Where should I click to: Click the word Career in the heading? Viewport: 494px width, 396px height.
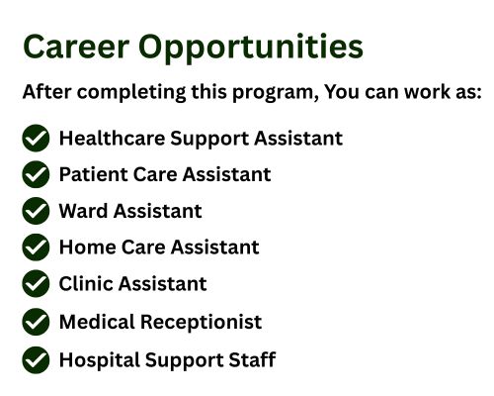pyautogui.click(x=76, y=47)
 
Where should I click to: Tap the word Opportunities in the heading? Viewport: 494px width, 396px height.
pyautogui.click(x=251, y=49)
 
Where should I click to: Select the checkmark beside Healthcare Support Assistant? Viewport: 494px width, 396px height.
pyautogui.click(x=36, y=138)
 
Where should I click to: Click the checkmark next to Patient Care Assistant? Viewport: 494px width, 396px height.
pyautogui.click(x=36, y=174)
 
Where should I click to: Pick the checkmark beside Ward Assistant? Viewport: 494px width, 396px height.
pyautogui.click(x=36, y=211)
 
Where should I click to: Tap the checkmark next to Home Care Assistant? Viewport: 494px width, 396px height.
pyautogui.click(x=36, y=247)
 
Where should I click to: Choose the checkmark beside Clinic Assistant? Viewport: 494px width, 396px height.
pyautogui.click(x=36, y=283)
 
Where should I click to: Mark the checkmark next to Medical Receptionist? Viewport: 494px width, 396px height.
pyautogui.click(x=36, y=322)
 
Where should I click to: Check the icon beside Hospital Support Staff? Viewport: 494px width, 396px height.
pyautogui.click(x=36, y=360)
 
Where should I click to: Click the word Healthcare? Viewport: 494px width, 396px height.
pyautogui.click(x=112, y=138)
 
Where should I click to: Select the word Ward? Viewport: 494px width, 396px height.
pyautogui.click(x=83, y=211)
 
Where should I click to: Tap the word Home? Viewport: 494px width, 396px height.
pyautogui.click(x=88, y=247)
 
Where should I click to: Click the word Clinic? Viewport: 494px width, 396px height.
pyautogui.click(x=86, y=283)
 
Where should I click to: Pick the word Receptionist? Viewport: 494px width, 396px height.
pyautogui.click(x=202, y=323)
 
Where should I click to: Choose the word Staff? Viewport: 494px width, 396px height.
pyautogui.click(x=252, y=359)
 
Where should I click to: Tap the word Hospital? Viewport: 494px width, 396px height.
pyautogui.click(x=100, y=360)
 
